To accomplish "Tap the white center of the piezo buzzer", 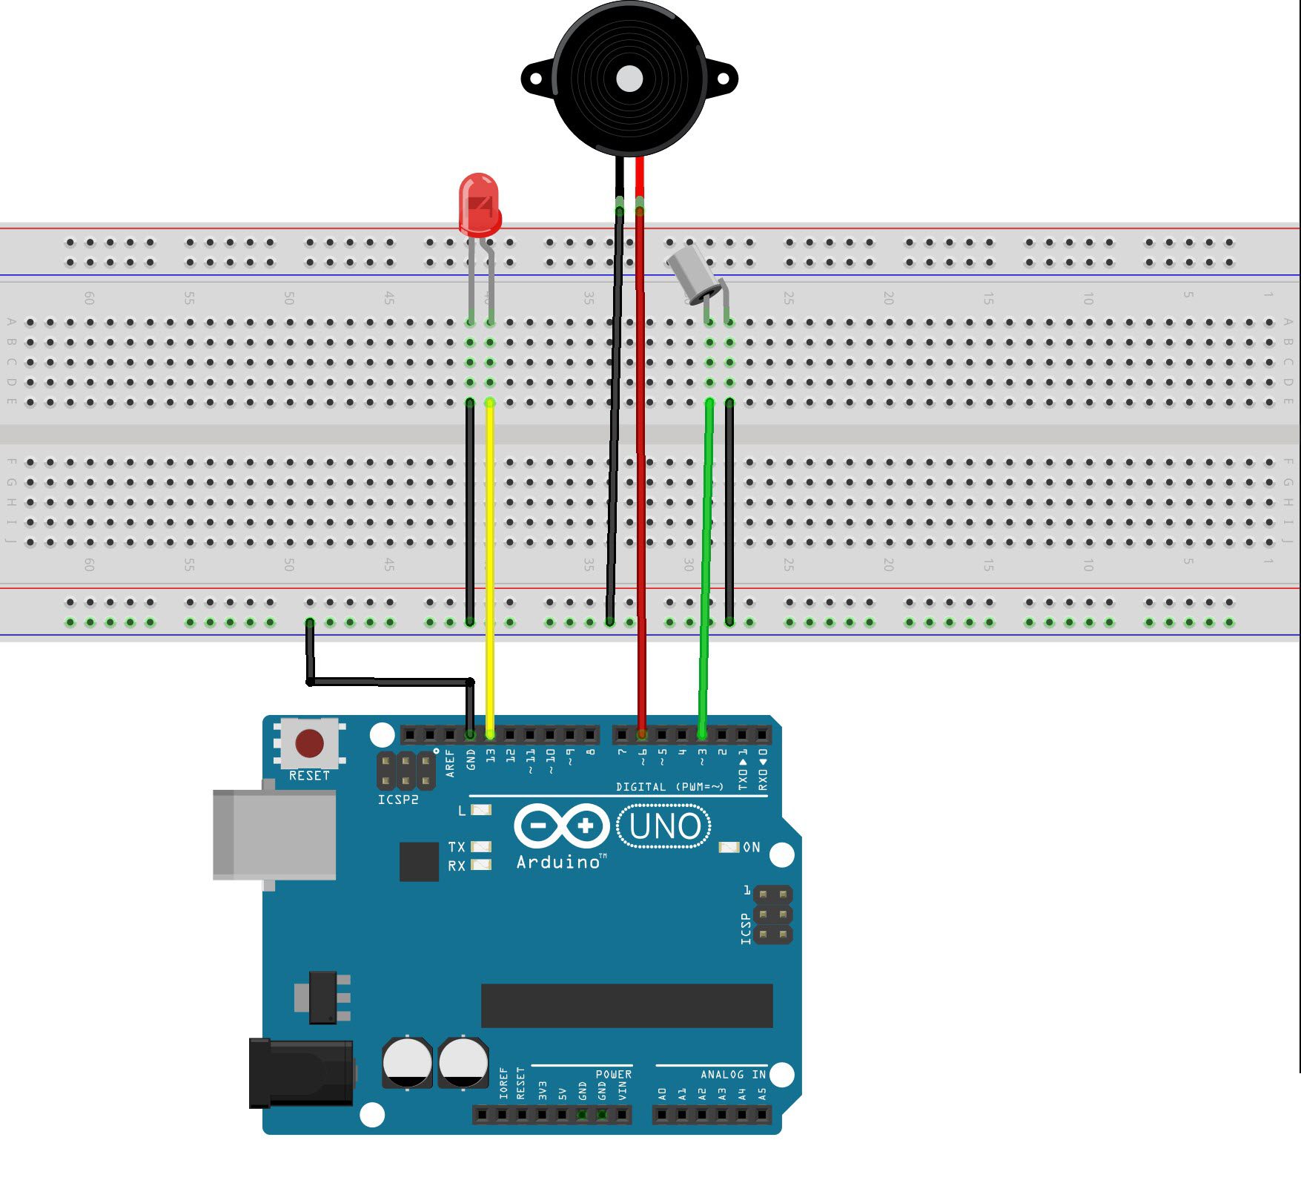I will pos(629,79).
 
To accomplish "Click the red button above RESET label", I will pos(309,742).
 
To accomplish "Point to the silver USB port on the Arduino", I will pos(274,834).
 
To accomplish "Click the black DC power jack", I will pos(300,1073).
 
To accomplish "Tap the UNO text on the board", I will pos(664,826).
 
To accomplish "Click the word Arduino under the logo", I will pos(558,862).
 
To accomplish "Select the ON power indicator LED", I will pos(729,847).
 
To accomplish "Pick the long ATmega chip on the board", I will pos(626,1006).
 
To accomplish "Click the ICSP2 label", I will pos(398,800).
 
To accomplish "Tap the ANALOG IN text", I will pos(732,1074).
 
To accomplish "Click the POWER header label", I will pos(613,1074).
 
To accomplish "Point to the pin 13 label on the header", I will pos(490,756).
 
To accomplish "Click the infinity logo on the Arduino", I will pos(561,826).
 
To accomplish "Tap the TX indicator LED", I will pos(481,846).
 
